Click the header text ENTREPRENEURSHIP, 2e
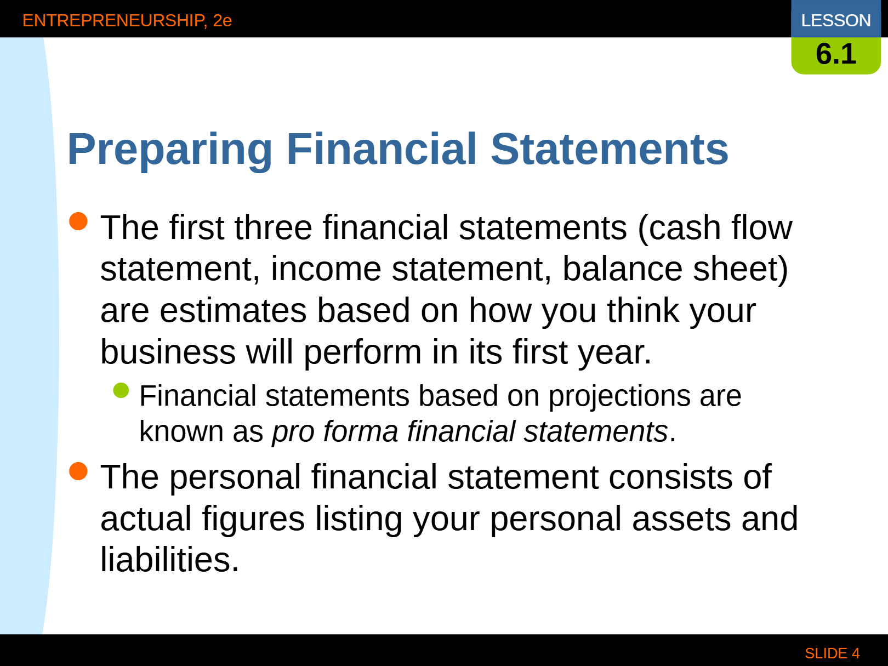coord(127,20)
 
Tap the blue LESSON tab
coord(836,19)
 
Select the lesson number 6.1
coord(836,54)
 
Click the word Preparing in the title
coord(169,150)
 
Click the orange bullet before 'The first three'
coord(78,221)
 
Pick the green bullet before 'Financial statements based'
coord(121,391)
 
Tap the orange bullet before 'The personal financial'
coord(78,471)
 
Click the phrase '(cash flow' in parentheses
coord(715,228)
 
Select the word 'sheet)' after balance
coord(741,269)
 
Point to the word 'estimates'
coord(233,311)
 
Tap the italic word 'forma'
coord(361,431)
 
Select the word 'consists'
coord(671,477)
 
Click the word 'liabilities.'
coord(169,560)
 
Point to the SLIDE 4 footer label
coord(832,653)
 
